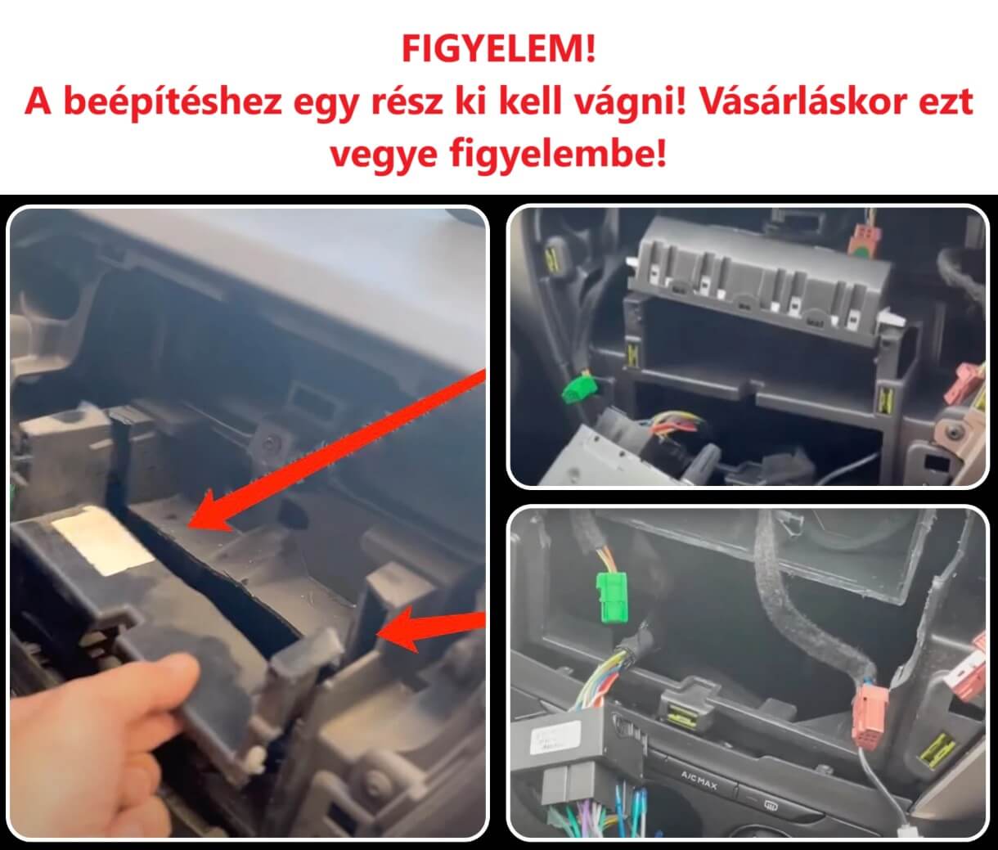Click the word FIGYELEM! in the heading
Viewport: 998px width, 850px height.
point(499,50)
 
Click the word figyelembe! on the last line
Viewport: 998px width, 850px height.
point(559,155)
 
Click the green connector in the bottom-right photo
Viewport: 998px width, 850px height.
point(612,597)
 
